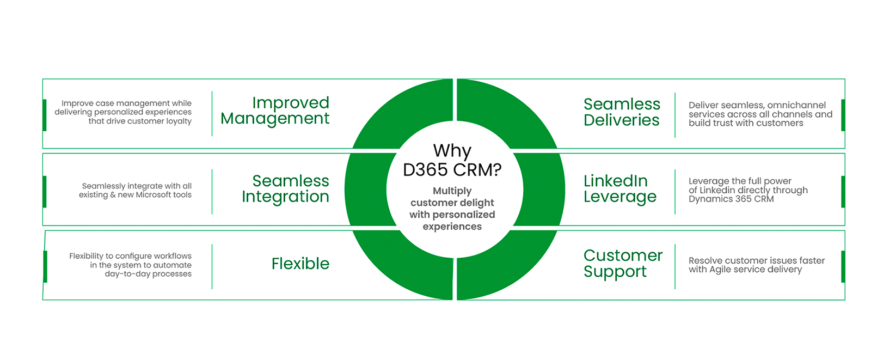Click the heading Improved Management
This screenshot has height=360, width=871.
click(275, 111)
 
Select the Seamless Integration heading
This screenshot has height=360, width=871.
click(286, 188)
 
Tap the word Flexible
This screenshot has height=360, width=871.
click(300, 264)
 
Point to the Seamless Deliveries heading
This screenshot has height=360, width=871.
click(622, 112)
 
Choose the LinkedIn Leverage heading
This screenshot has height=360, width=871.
click(620, 188)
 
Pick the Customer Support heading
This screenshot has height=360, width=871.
click(623, 264)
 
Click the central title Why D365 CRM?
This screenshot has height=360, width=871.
click(452, 160)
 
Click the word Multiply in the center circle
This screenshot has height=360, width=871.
click(452, 191)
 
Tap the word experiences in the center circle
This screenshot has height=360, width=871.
click(452, 227)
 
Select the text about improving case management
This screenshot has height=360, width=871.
click(123, 112)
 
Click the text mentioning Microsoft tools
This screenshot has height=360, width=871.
click(136, 190)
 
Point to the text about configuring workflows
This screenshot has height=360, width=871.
click(131, 265)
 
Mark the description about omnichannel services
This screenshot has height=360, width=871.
click(760, 114)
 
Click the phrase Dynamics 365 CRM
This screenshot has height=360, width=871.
click(731, 199)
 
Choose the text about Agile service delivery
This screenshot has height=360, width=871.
click(756, 265)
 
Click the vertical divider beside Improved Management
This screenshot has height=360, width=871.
click(212, 114)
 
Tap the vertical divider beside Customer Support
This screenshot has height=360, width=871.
click(675, 266)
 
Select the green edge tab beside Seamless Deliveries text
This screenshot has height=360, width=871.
click(843, 115)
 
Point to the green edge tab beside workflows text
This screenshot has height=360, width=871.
click(45, 267)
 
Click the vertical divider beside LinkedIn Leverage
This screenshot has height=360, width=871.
click(675, 191)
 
